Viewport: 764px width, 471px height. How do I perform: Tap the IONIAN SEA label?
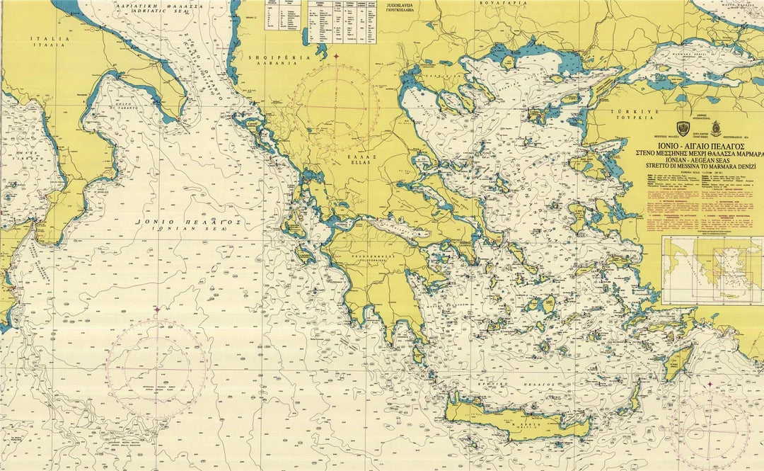pyautogui.click(x=190, y=225)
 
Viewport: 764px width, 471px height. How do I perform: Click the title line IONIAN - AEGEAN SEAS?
pyautogui.click(x=701, y=161)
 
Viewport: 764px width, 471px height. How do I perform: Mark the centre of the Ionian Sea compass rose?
pyautogui.click(x=156, y=369)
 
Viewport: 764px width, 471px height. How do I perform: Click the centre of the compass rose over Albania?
pyautogui.click(x=337, y=107)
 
